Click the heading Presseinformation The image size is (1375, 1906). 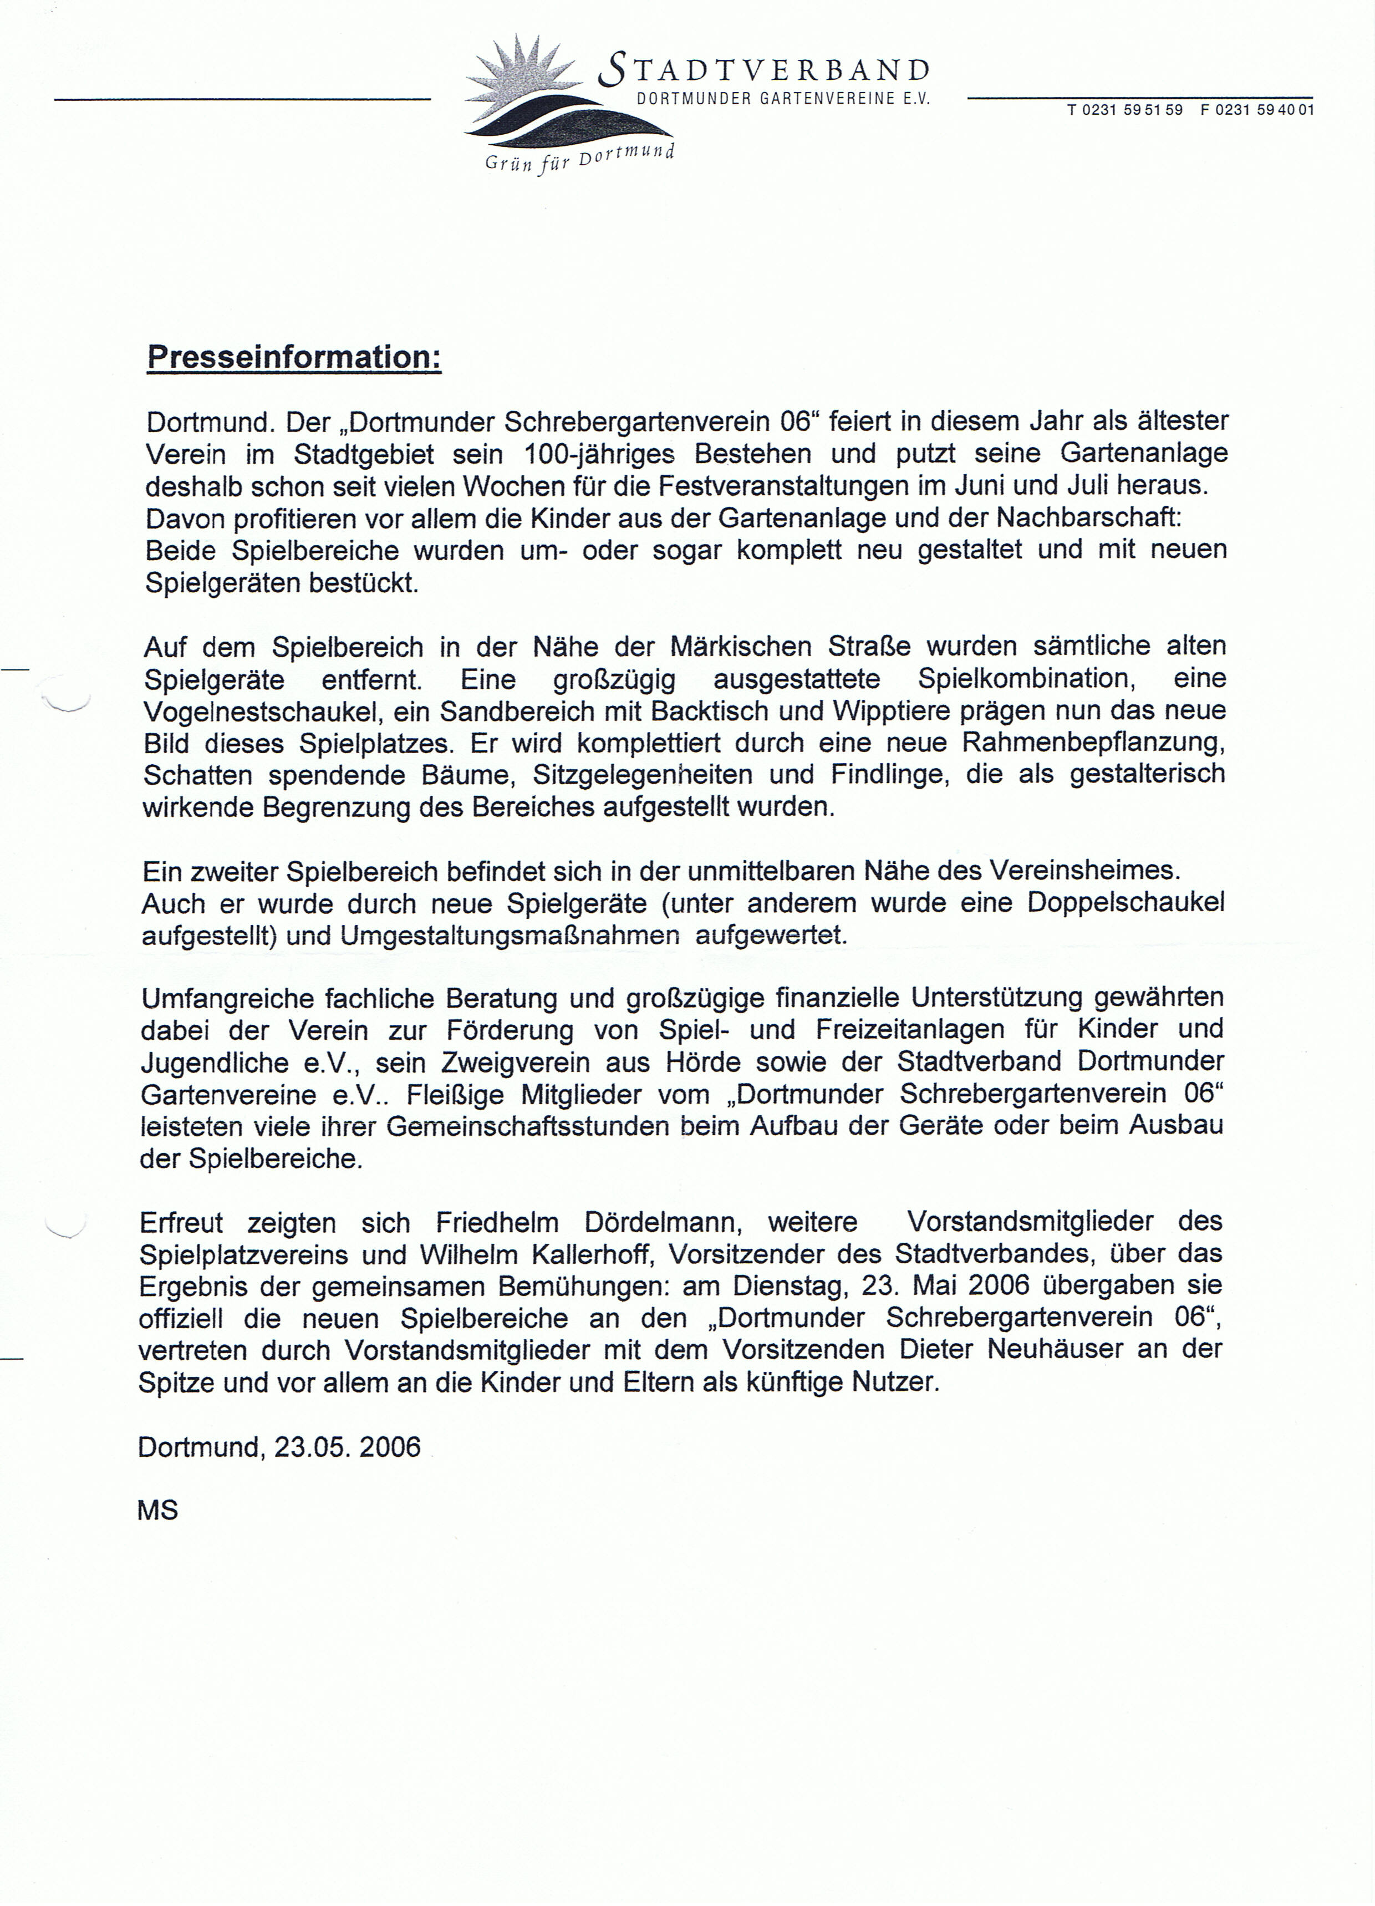294,357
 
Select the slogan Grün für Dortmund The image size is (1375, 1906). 580,157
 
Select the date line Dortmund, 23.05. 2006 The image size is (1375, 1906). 279,1446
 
